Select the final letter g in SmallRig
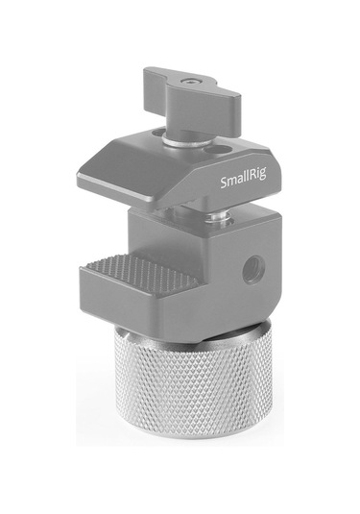pyautogui.click(x=254, y=182)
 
